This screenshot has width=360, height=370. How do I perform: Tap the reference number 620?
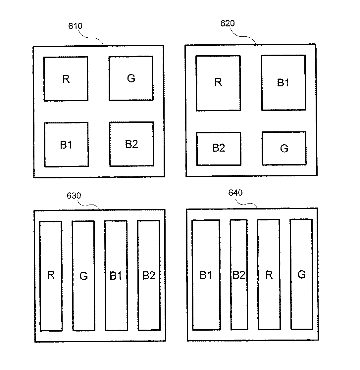click(228, 23)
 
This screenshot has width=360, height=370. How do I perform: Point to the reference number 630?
click(74, 196)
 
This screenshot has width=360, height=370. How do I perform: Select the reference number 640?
click(235, 193)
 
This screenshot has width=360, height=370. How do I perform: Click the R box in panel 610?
click(66, 79)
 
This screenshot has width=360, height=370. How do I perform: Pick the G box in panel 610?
click(131, 78)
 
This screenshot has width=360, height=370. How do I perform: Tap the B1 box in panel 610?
click(66, 145)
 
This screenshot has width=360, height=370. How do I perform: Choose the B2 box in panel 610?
click(131, 144)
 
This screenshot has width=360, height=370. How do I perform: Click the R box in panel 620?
click(218, 83)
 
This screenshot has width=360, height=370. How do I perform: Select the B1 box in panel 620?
click(283, 83)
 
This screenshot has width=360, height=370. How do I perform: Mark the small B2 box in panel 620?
click(219, 149)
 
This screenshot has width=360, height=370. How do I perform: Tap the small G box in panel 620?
click(284, 148)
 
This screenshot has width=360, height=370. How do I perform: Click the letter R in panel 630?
click(51, 275)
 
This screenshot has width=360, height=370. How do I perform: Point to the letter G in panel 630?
click(83, 276)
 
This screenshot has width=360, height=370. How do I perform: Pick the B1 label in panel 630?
click(116, 275)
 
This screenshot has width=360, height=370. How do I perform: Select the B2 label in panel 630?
click(149, 275)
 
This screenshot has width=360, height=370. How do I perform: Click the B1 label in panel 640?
click(206, 275)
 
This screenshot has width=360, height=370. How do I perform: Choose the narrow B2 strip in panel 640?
click(239, 274)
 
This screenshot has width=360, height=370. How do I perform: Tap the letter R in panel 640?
click(269, 274)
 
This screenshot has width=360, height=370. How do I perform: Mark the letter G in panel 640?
click(301, 274)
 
